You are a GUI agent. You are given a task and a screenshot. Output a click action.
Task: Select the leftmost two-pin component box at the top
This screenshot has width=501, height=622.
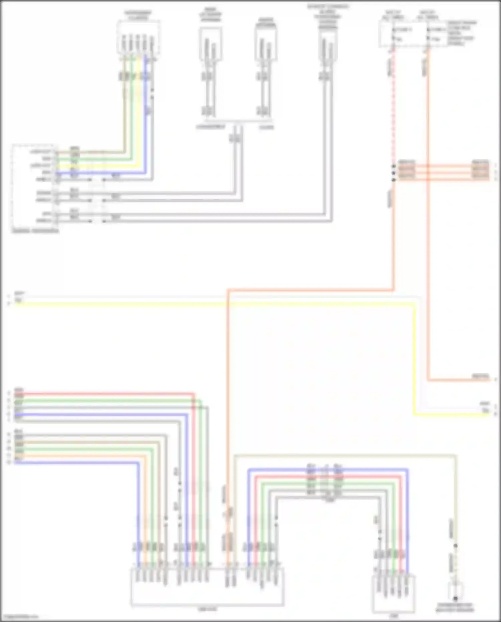coord(210,44)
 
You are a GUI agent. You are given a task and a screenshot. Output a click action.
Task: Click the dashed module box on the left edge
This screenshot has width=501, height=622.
coord(34,188)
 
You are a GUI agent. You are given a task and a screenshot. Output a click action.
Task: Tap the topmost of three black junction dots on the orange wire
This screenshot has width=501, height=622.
coord(394,166)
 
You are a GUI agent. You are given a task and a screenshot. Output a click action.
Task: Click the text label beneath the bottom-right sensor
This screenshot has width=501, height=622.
coord(455,608)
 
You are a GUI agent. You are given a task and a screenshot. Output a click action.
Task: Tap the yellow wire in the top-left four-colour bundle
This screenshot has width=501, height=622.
coord(100,166)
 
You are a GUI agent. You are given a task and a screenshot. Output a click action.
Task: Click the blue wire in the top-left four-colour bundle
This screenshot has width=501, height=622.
coord(100,173)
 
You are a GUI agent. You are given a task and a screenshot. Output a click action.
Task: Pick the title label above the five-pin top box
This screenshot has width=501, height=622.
coord(138,15)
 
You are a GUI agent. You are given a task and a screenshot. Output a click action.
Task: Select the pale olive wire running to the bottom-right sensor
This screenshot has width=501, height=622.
coord(344,455)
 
